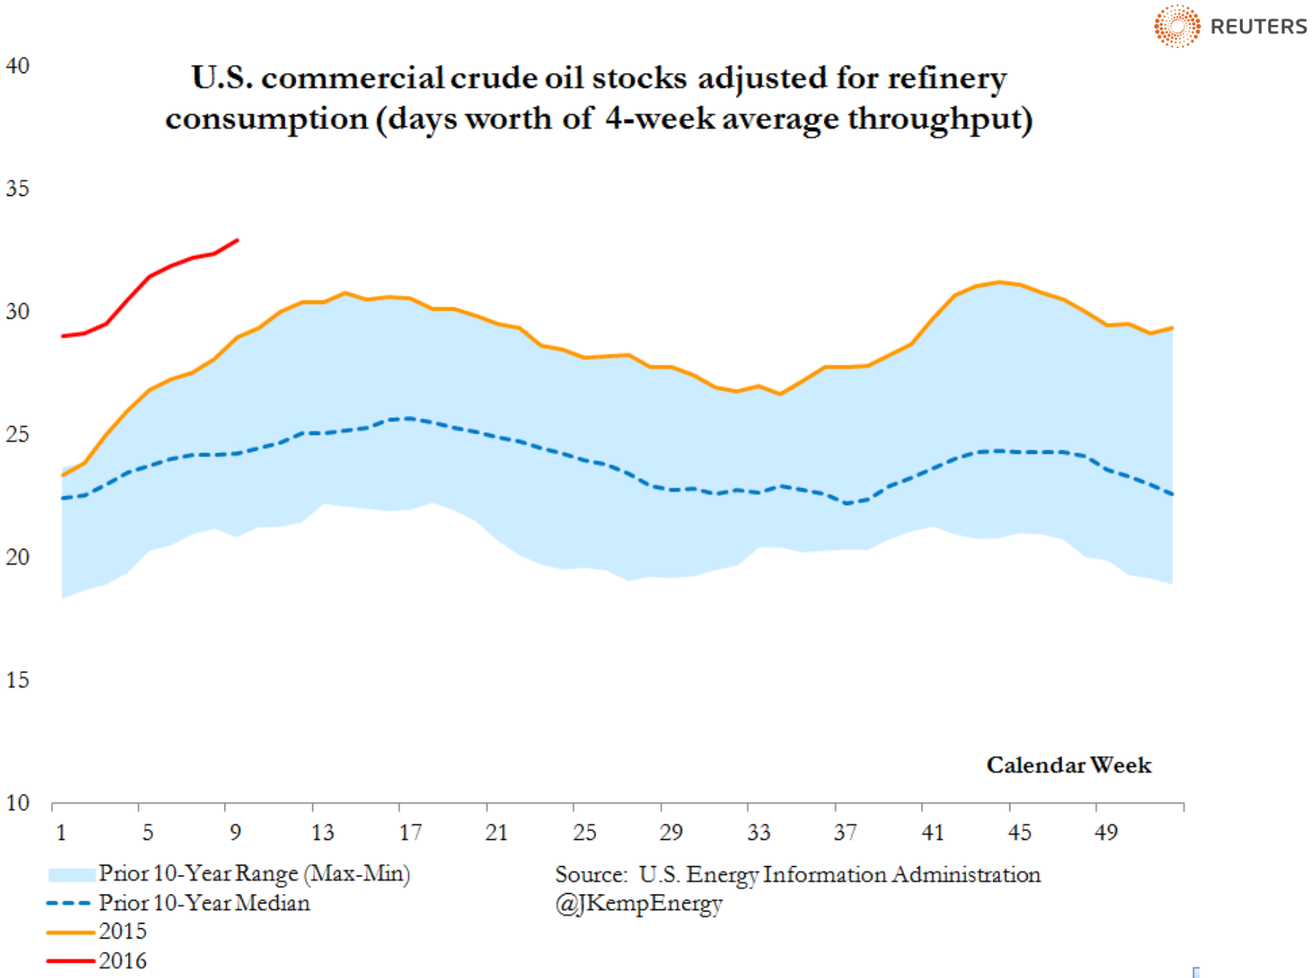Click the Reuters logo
tap(1230, 26)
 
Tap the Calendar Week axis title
tap(1068, 765)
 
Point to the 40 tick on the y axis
tap(18, 66)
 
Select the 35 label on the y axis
tap(18, 189)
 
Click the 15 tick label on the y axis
tap(18, 680)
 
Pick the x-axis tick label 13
tap(322, 832)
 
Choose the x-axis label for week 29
tap(671, 832)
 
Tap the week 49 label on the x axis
tap(1106, 832)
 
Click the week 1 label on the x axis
tap(61, 832)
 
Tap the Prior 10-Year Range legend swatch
tap(71, 874)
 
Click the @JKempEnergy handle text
tap(639, 903)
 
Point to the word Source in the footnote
tap(590, 874)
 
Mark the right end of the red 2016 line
tap(237, 240)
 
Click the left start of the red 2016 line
tap(63, 336)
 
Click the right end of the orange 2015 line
tap(1172, 327)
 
